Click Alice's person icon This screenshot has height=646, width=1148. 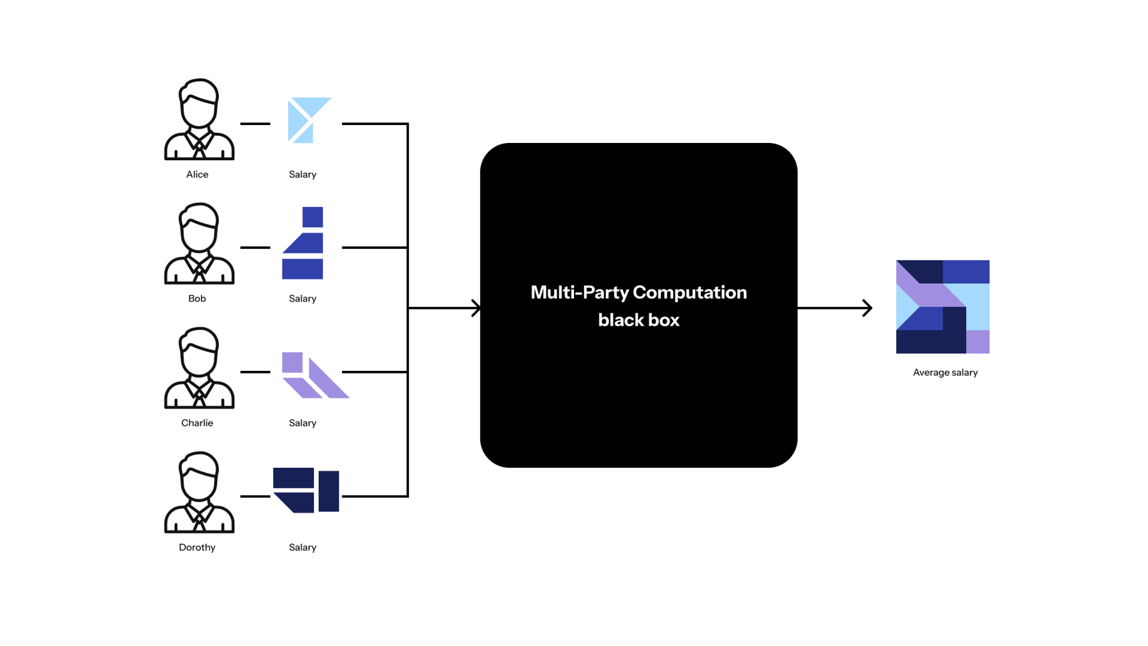point(199,120)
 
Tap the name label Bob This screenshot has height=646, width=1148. point(197,299)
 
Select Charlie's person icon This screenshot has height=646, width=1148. point(199,368)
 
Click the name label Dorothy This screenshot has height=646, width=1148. point(197,548)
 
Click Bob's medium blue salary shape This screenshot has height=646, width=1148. point(304,246)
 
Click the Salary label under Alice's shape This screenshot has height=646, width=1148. point(302,175)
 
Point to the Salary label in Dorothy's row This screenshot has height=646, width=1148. point(302,548)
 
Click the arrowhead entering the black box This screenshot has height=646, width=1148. point(476,308)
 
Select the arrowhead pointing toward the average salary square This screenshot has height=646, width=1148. point(867,308)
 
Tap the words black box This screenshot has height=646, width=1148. point(638,320)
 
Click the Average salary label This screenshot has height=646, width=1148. point(945,373)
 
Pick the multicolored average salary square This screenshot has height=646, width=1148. point(942,306)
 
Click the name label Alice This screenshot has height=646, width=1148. point(197,175)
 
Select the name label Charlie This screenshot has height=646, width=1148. point(197,423)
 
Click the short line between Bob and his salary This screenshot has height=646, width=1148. point(255,247)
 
